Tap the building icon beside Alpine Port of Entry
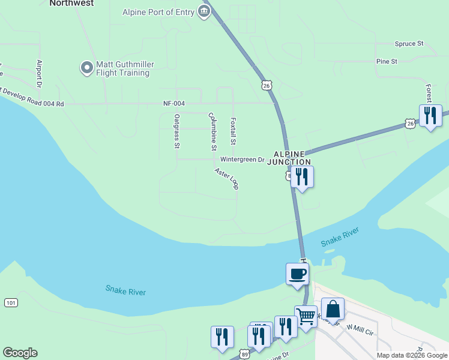tap(204, 11)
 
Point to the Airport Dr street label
tap(39, 73)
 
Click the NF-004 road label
tap(174, 104)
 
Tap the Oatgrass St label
tap(176, 131)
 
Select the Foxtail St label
tap(234, 131)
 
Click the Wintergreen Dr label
tap(242, 160)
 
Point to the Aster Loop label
tap(228, 179)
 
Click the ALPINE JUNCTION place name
tap(289, 158)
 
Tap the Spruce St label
tap(409, 44)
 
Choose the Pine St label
tap(387, 62)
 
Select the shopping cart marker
tap(306, 316)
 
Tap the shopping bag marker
tap(333, 310)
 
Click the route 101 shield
tap(11, 302)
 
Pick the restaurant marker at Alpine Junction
tap(302, 177)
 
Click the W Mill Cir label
tap(360, 326)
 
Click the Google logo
tap(20, 353)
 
